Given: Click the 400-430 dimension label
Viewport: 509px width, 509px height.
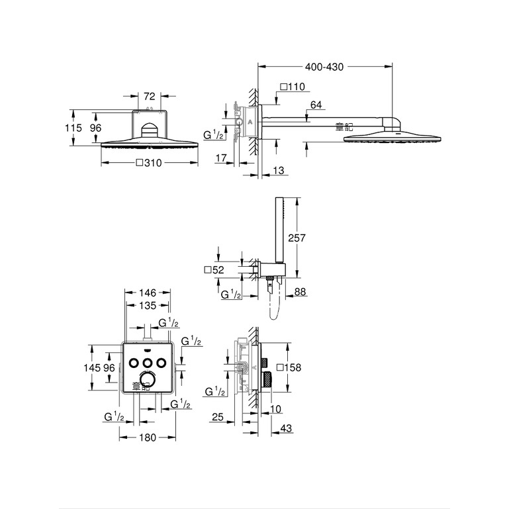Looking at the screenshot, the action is (x=324, y=67).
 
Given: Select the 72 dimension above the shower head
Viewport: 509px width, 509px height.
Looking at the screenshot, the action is (x=150, y=96).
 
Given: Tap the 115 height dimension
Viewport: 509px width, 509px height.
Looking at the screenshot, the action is (x=73, y=128).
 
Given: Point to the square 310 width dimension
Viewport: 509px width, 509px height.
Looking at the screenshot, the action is (x=149, y=163).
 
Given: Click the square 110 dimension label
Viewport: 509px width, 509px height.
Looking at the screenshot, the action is (x=293, y=87).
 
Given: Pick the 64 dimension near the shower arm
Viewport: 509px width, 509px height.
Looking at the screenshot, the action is (x=316, y=105).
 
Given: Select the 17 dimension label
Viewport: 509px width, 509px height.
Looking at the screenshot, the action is (x=221, y=158).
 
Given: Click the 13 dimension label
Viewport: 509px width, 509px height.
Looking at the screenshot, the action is (x=278, y=170).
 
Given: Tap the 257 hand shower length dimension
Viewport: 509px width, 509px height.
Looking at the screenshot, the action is (x=297, y=238).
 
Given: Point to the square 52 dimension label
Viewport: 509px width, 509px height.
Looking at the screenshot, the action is (x=214, y=270).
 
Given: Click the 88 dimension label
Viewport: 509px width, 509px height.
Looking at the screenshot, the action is (x=300, y=292).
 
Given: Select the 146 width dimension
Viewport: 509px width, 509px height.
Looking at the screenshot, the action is (x=148, y=293).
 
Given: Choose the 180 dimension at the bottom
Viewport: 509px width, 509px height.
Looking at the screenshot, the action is (x=148, y=438).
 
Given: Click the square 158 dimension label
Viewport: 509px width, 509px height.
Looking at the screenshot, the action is (x=289, y=367).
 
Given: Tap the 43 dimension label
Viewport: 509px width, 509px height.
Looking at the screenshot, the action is (x=286, y=428).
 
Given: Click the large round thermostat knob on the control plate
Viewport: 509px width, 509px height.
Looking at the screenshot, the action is (x=148, y=380).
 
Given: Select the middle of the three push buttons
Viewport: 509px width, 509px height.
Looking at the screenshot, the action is (x=148, y=363).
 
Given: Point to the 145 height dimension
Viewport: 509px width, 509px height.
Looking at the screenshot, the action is (x=92, y=367).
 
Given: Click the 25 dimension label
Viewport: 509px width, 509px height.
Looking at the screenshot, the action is (x=218, y=417).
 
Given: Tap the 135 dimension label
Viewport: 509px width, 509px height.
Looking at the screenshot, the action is (x=148, y=305).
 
